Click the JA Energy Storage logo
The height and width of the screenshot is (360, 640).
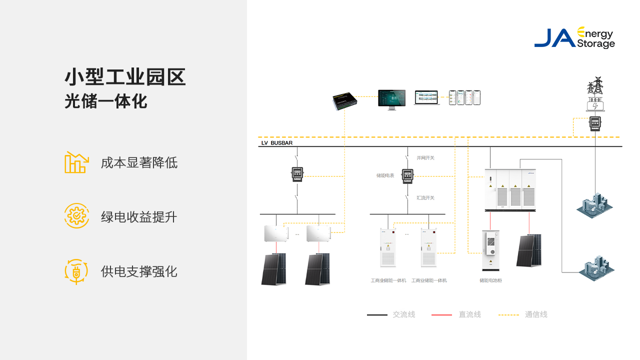[574, 38]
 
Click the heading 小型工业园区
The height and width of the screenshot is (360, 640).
[125, 77]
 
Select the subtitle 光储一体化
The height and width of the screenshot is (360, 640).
[106, 101]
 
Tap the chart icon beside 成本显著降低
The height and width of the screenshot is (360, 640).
[76, 162]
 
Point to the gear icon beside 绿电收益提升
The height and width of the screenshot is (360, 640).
[76, 216]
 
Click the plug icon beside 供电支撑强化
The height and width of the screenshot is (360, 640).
[76, 271]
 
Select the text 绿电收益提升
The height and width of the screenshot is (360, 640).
[139, 217]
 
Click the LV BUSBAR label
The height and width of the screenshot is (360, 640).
[277, 143]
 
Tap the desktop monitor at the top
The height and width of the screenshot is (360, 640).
[391, 99]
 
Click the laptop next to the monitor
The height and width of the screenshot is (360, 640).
[426, 98]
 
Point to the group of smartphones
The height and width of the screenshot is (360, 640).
[464, 97]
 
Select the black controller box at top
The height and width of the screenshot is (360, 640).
[344, 101]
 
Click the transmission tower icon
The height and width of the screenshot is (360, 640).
[595, 86]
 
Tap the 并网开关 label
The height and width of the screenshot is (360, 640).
[425, 158]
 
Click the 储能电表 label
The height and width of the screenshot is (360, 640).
[385, 175]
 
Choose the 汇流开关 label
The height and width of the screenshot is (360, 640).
[425, 198]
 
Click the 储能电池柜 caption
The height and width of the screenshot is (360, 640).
[490, 280]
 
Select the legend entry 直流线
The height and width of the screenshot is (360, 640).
[469, 314]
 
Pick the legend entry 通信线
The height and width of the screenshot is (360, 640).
[536, 314]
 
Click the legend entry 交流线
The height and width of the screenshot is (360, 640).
[403, 314]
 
